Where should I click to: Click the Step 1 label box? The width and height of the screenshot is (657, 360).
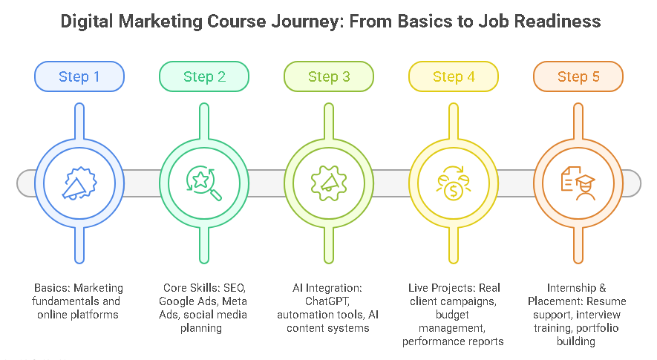pos(79,76)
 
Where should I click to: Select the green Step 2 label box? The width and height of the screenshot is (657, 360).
pos(203,76)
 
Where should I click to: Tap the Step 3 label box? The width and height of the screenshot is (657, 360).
pos(328,76)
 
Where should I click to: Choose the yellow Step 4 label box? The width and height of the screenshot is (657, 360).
pos(453,76)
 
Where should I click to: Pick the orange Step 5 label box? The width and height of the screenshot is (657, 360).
pos(578,76)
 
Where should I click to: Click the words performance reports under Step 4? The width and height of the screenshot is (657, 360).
pos(453,341)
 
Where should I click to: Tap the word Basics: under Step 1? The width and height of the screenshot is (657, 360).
pos(50,287)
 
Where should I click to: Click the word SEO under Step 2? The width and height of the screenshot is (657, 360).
pos(235,287)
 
